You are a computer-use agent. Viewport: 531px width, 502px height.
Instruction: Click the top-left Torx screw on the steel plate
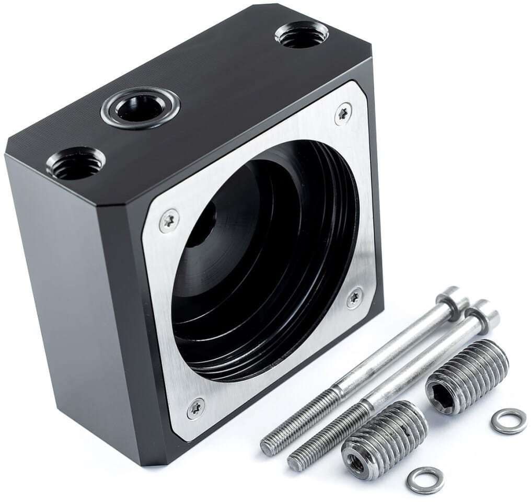168,221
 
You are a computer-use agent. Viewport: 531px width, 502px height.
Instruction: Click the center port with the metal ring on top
140,108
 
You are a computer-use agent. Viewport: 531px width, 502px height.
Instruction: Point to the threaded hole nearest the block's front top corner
76,163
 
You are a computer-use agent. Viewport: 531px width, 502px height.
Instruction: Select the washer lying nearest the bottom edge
425,480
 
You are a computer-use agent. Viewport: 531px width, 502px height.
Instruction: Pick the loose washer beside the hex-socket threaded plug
508,421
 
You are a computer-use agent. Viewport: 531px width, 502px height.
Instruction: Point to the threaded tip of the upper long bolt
269,446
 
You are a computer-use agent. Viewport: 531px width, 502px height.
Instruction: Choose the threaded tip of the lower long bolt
296,461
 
